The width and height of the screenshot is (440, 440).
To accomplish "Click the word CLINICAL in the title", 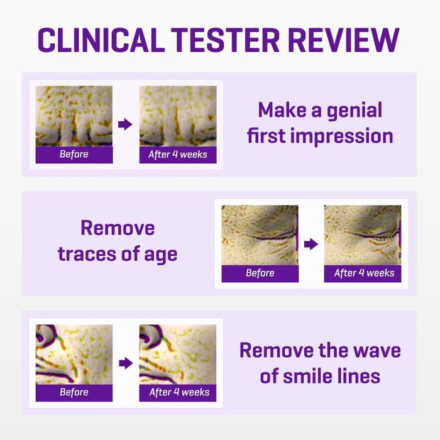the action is click(x=101, y=40).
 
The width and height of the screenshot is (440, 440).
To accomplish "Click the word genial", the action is click(x=355, y=111).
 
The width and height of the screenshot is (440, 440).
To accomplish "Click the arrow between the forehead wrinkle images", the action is click(x=125, y=124).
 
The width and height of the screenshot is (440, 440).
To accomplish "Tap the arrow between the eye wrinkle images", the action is click(x=311, y=244).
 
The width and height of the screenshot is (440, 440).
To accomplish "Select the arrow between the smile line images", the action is click(x=126, y=363).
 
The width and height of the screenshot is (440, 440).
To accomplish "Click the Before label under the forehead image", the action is click(x=74, y=154).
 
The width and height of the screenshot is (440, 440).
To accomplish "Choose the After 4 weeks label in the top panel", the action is click(x=178, y=155).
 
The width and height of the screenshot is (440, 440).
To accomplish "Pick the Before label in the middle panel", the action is click(x=260, y=273).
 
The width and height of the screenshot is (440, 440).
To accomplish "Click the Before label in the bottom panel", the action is click(x=74, y=392).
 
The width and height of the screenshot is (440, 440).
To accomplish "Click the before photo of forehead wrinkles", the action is click(x=74, y=116).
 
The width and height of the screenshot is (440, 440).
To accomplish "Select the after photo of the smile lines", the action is click(x=178, y=355).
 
